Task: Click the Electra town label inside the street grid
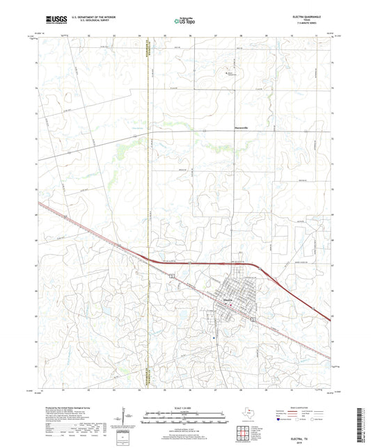pyautogui.click(x=227, y=300)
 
